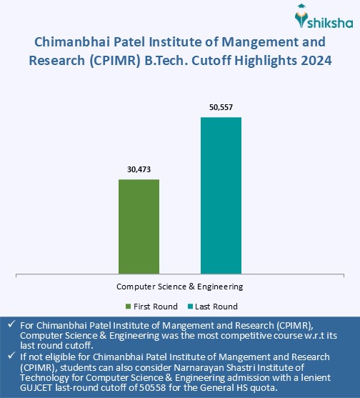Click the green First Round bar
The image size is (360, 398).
[139, 226]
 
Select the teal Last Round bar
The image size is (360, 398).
[221, 194]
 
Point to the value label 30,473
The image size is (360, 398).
[139, 170]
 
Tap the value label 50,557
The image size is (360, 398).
[221, 108]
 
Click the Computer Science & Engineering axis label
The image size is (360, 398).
[180, 287]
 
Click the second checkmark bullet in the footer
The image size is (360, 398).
[10, 357]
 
